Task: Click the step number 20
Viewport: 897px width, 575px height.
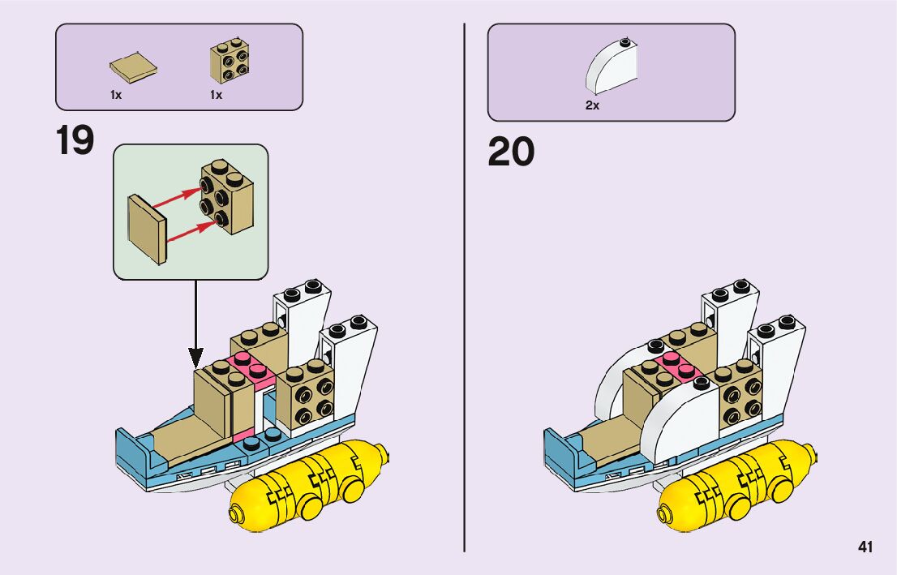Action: pyautogui.click(x=511, y=152)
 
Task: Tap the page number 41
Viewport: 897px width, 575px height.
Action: pyautogui.click(x=865, y=547)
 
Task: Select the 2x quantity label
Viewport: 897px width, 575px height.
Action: pyautogui.click(x=592, y=105)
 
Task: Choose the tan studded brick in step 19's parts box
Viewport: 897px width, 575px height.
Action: pyautogui.click(x=230, y=61)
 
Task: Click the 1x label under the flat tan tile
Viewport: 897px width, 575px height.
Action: pyautogui.click(x=116, y=95)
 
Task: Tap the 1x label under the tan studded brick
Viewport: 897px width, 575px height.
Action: pyautogui.click(x=216, y=95)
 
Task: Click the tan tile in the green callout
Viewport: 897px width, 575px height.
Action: pyautogui.click(x=147, y=229)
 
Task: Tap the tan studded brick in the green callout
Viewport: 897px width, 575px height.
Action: pyautogui.click(x=226, y=195)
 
